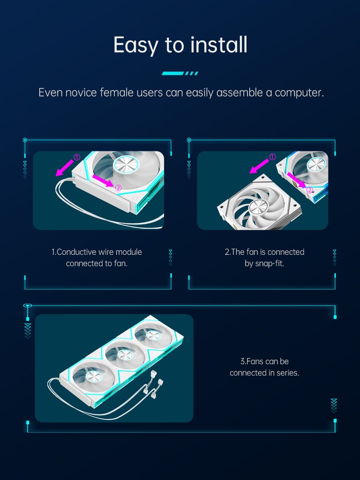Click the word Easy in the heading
click(136, 45)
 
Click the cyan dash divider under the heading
click(180, 73)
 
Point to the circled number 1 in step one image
click(77, 157)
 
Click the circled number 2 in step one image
click(118, 188)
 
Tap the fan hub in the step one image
click(126, 165)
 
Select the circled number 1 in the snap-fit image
click(272, 157)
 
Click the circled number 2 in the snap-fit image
click(310, 191)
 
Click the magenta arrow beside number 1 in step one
click(65, 168)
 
